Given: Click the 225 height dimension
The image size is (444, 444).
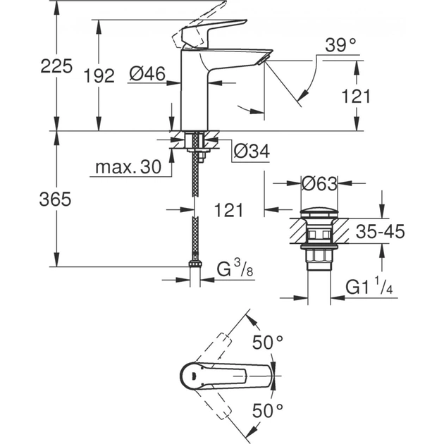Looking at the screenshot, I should pyautogui.click(x=56, y=67).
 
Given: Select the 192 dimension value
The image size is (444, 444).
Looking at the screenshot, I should pyautogui.click(x=99, y=76).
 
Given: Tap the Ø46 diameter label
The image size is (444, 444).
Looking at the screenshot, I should pyautogui.click(x=147, y=73).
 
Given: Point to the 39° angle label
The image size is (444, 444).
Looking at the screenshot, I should pyautogui.click(x=341, y=46).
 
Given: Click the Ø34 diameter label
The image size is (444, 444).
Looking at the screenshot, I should pyautogui.click(x=249, y=150).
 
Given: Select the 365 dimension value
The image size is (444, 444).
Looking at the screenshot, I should pyautogui.click(x=56, y=199).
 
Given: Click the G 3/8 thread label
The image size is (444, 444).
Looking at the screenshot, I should pyautogui.click(x=233, y=269).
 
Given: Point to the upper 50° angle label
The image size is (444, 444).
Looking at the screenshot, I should pyautogui.click(x=268, y=343).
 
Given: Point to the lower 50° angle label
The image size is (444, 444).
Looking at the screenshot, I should pyautogui.click(x=268, y=409).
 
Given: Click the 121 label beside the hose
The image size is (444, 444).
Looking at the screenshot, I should pyautogui.click(x=228, y=210).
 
